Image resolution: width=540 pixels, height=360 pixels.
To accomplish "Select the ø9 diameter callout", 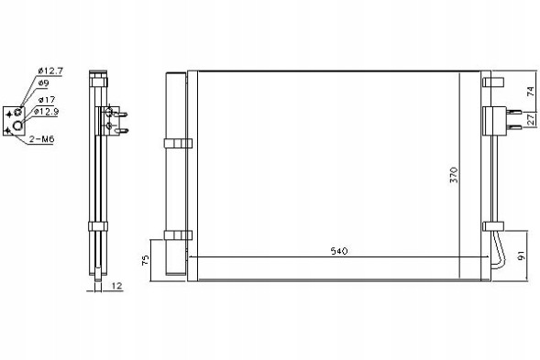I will tap(43, 84).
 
